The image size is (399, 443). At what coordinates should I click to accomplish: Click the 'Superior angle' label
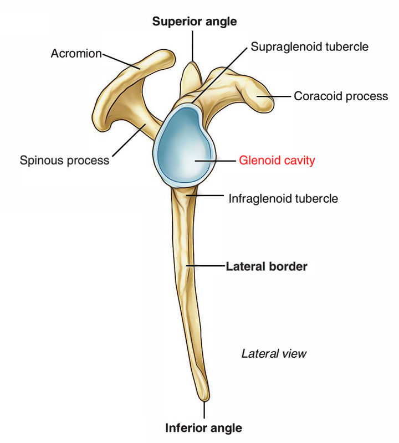coord(195,22)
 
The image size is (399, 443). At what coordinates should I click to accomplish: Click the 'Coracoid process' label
coord(340,96)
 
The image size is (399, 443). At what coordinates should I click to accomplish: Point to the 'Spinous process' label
coord(64,161)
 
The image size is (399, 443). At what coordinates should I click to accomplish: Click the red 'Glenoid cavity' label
coord(277,161)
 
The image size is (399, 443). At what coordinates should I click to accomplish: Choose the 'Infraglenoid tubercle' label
coord(283,198)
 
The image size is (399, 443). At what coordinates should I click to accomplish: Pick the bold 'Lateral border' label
coord(266,266)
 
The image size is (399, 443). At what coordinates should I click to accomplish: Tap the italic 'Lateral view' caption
coord(274,353)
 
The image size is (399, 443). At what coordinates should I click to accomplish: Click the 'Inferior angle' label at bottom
coord(203,428)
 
